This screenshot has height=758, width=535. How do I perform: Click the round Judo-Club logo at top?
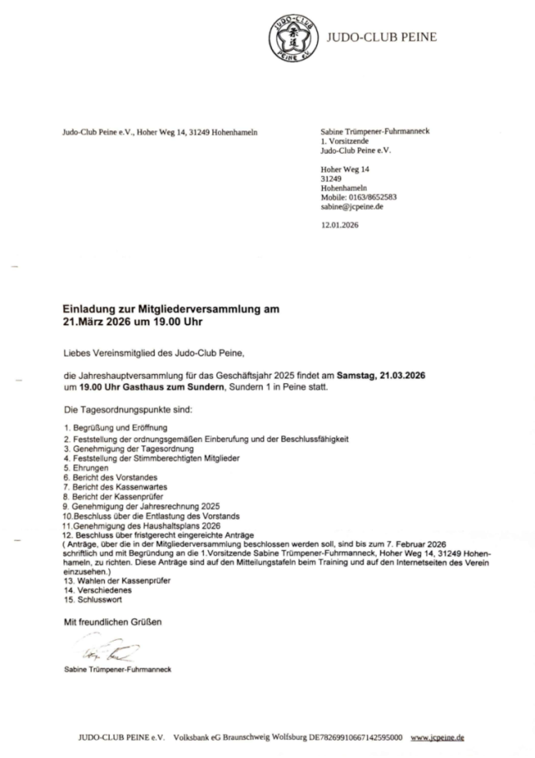[292, 37]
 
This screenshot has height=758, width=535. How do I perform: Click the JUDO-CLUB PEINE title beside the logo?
[380, 37]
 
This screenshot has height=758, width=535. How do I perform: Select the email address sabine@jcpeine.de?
[351, 207]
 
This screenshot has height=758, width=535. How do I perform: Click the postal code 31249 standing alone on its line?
[331, 179]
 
